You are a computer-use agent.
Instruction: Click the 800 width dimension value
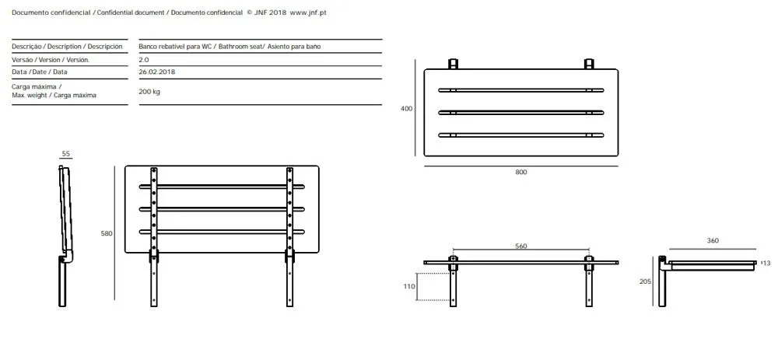(x=521, y=173)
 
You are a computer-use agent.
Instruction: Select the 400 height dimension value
(x=406, y=109)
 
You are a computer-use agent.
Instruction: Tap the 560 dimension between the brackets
(x=521, y=246)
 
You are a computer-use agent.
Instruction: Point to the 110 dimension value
(x=408, y=287)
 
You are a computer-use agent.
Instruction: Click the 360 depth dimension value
(x=713, y=240)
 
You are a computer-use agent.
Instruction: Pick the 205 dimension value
(x=646, y=281)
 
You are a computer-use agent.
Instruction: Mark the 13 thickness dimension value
(x=766, y=264)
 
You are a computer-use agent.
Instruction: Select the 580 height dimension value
(x=107, y=233)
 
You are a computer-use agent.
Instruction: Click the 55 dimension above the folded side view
(x=66, y=154)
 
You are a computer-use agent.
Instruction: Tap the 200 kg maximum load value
(x=149, y=92)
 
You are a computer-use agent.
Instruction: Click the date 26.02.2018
(x=157, y=72)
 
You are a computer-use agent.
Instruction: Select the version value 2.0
(x=143, y=60)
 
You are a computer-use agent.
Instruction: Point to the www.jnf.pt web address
(x=307, y=13)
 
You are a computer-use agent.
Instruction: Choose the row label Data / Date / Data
(x=40, y=72)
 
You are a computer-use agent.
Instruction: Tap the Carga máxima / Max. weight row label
(x=54, y=91)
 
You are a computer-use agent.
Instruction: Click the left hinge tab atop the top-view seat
(x=453, y=64)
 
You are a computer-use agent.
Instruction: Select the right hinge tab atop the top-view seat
(x=589, y=64)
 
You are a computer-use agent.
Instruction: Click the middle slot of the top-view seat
(x=521, y=113)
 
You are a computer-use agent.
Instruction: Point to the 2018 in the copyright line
(x=278, y=13)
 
